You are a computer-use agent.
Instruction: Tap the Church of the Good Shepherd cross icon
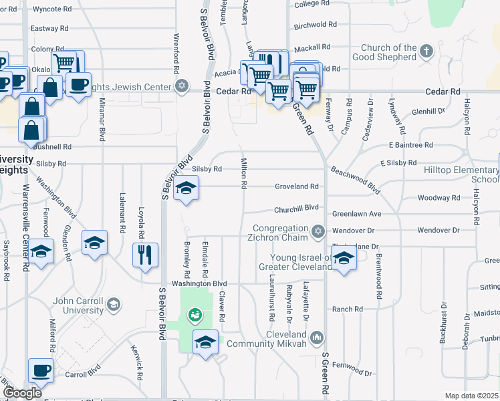point(426,51)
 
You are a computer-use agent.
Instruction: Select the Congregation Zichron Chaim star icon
point(318,232)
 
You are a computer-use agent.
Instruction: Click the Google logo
point(22,393)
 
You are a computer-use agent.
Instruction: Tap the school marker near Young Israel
point(344,258)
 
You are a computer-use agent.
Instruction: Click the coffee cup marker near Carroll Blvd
point(41,370)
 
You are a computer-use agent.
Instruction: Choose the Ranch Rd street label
point(348,309)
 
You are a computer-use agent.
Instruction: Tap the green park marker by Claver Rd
point(195,313)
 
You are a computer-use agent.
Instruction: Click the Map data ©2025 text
point(471,396)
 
